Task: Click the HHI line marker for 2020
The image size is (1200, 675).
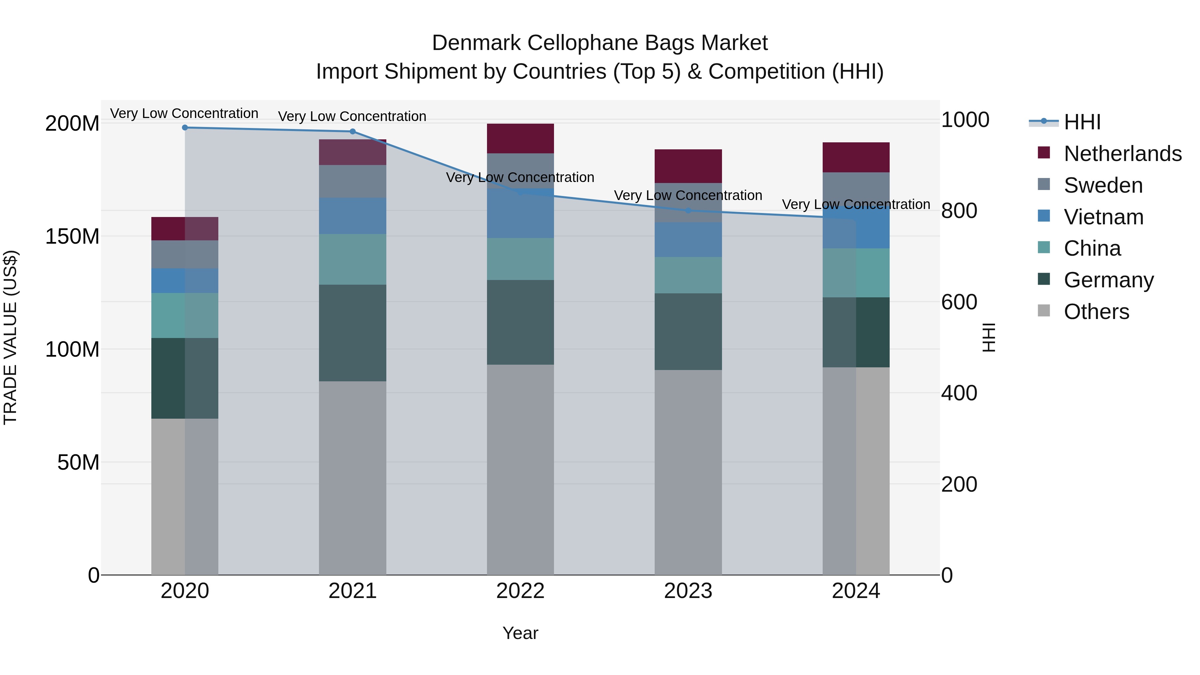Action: click(185, 127)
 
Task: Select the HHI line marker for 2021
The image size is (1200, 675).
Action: click(353, 131)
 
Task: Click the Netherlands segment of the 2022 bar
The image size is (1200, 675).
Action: click(520, 138)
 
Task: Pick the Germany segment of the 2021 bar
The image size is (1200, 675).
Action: click(353, 333)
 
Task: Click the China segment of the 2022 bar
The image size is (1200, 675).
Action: click(520, 259)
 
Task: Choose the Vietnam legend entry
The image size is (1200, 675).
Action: click(1103, 217)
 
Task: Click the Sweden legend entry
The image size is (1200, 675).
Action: click(1103, 185)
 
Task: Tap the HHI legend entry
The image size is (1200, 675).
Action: click(1082, 122)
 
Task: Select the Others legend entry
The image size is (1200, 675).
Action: click(1096, 312)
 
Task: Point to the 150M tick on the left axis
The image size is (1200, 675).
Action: click(72, 237)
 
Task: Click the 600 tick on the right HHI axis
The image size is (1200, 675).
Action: click(959, 302)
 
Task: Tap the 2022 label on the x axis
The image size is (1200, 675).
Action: click(520, 591)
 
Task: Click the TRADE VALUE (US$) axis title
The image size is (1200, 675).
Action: click(10, 337)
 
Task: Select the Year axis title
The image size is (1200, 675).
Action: click(520, 633)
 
